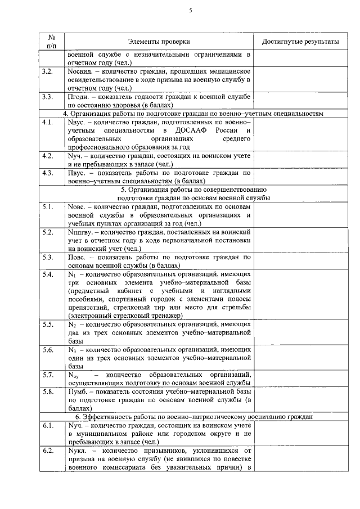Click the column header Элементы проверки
159,42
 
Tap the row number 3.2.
47,73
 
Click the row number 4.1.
47,121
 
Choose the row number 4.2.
47,155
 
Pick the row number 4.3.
47,172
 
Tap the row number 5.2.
47,232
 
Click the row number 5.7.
47,375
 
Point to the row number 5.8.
47,391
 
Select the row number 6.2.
47,451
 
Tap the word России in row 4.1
225,130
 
